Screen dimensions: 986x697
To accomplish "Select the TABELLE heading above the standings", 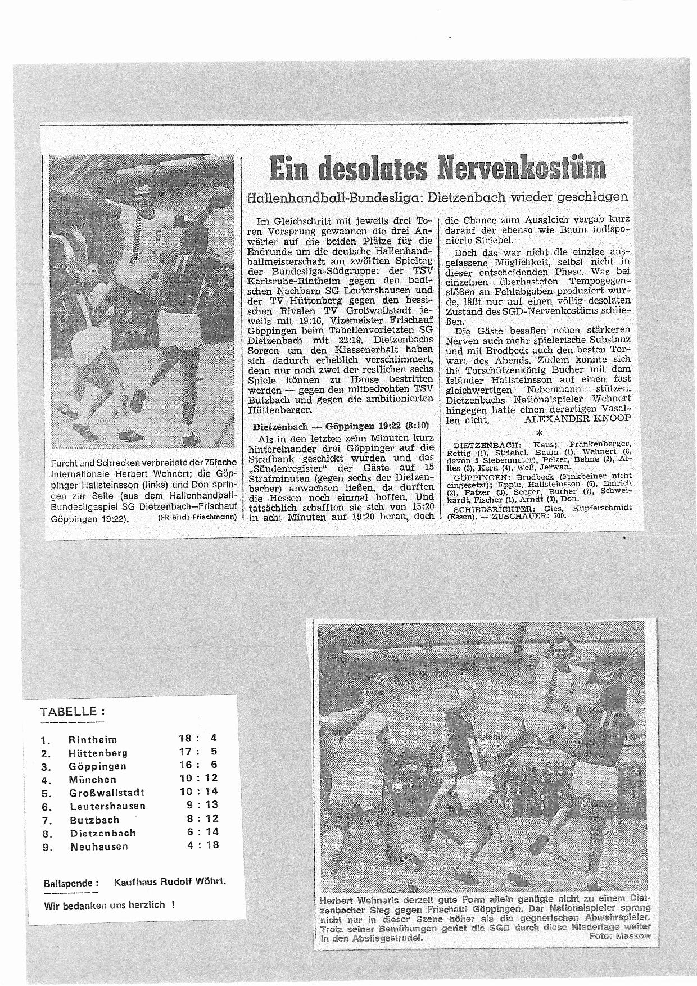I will coord(72,711).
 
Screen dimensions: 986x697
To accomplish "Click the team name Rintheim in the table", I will coord(93,739).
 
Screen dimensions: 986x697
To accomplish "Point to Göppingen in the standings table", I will coord(97,766).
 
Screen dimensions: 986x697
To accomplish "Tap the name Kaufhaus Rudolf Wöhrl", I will coord(170,881).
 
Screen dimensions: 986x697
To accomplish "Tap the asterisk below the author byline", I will coord(540,433).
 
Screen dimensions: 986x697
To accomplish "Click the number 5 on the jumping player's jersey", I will coord(159,237).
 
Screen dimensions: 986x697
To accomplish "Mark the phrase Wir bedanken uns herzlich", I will coord(105,905).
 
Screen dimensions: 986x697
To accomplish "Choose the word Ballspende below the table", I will coord(71,883).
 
